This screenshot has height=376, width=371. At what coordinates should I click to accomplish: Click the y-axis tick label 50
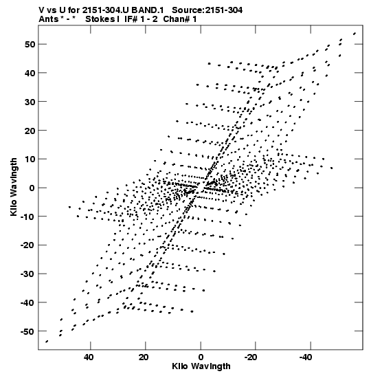(x=30, y=45)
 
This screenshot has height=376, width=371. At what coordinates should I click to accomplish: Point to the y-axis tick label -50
(x=27, y=331)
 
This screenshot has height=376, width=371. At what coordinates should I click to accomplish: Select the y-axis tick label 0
(x=32, y=188)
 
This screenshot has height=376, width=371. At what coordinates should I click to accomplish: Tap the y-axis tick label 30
(x=30, y=102)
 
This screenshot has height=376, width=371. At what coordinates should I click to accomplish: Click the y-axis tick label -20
(x=27, y=245)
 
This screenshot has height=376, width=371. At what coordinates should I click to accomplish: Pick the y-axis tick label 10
(x=30, y=159)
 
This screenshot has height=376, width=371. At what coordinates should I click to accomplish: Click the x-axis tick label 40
(x=89, y=357)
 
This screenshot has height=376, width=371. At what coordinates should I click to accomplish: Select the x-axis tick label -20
(x=251, y=357)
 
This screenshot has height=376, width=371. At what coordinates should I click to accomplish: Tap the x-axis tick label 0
(x=201, y=357)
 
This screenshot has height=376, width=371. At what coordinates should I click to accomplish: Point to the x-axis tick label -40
(x=306, y=357)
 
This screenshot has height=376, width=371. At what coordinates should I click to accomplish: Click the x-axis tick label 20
(x=144, y=357)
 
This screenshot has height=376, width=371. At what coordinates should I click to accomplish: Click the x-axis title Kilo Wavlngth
(x=201, y=366)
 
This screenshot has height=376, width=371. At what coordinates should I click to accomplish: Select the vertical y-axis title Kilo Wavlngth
(x=14, y=187)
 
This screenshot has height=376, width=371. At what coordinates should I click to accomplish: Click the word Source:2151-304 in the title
(x=207, y=10)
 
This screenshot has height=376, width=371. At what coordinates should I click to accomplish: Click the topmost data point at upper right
(x=355, y=34)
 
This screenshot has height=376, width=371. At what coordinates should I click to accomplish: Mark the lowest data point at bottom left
(x=47, y=342)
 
